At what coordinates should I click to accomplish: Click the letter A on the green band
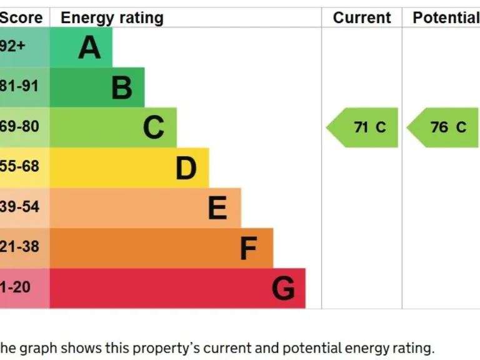[89, 47]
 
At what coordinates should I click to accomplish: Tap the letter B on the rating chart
[122, 87]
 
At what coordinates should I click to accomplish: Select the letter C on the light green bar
[154, 127]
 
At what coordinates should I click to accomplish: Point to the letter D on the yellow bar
[186, 168]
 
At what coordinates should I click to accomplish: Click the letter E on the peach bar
[217, 208]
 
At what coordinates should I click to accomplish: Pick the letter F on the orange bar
[248, 249]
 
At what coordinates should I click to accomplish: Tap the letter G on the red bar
[283, 289]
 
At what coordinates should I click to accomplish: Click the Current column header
[362, 18]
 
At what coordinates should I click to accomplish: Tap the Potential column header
[445, 18]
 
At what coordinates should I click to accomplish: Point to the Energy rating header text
[112, 18]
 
